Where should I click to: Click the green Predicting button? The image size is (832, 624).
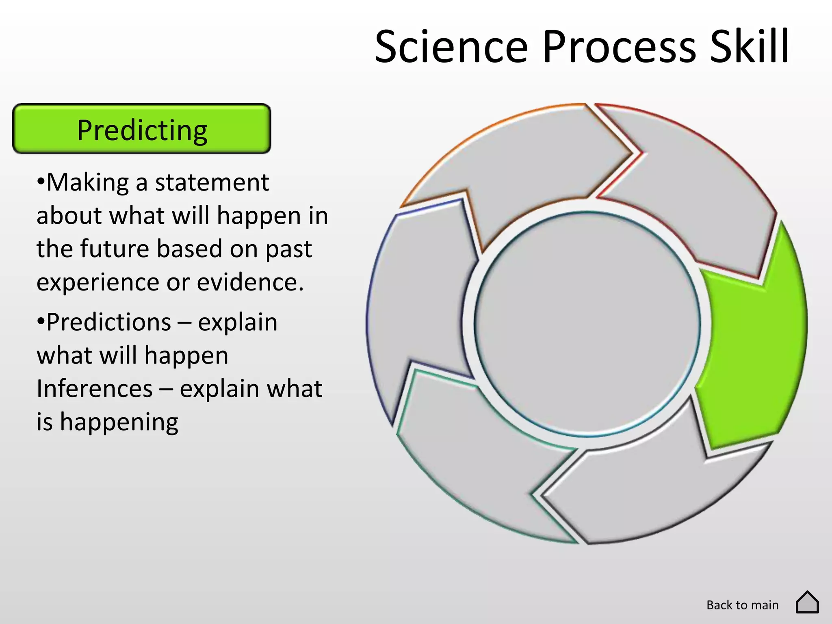[x=142, y=129]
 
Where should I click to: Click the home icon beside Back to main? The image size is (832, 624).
[x=807, y=602]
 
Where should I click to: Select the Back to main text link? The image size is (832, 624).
[x=742, y=605]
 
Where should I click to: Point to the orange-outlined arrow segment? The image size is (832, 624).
[x=528, y=162]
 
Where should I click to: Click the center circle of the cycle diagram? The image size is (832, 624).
[x=587, y=324]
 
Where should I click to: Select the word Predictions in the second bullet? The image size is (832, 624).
[x=108, y=322]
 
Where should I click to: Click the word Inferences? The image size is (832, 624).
[x=94, y=389]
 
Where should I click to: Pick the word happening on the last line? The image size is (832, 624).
[x=119, y=422]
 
